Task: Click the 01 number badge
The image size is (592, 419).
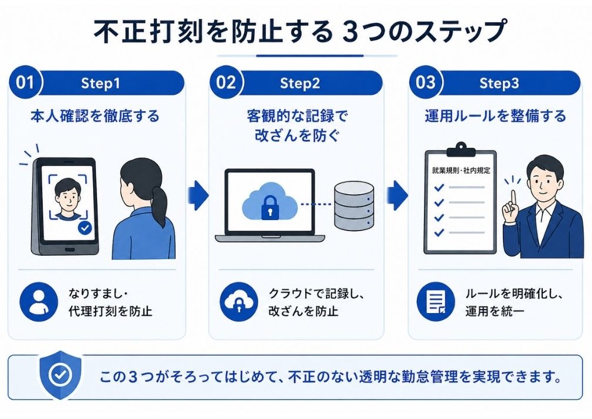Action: (25, 83)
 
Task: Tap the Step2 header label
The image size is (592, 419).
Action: (300, 83)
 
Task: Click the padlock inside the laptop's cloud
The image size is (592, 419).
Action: (269, 205)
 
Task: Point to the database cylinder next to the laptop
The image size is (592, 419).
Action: (353, 206)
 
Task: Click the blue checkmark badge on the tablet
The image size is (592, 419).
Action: (85, 228)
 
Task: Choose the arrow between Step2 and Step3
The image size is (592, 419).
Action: (398, 195)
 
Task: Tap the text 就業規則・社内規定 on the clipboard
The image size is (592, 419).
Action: (461, 171)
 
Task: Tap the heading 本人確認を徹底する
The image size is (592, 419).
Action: (95, 116)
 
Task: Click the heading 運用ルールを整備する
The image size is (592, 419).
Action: (495, 116)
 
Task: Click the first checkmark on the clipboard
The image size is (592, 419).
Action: (439, 187)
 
